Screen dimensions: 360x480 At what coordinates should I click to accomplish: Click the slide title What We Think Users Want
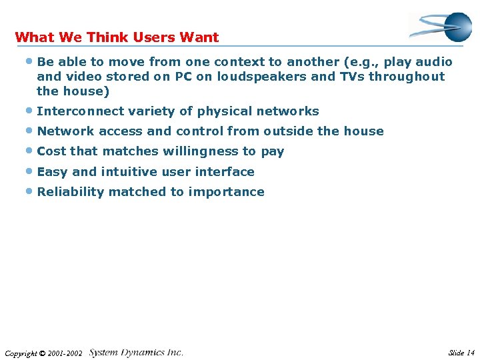point(117,37)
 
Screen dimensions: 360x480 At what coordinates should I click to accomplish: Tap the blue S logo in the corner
point(441,27)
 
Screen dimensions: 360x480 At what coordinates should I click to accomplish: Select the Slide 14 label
point(461,353)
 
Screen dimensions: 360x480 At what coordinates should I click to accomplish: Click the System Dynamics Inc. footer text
point(136,352)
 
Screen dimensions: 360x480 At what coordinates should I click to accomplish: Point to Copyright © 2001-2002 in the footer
point(43,353)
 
